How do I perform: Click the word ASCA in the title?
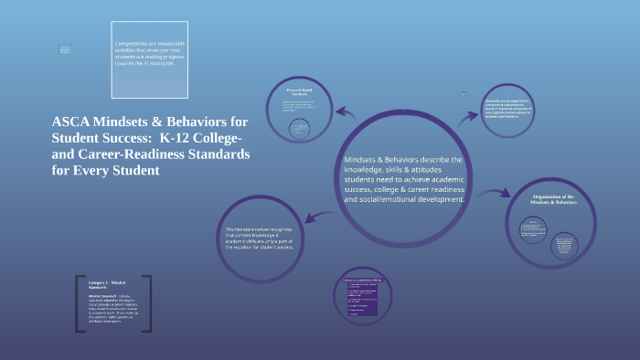[x=70, y=122]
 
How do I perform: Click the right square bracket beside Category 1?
[x=146, y=302]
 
